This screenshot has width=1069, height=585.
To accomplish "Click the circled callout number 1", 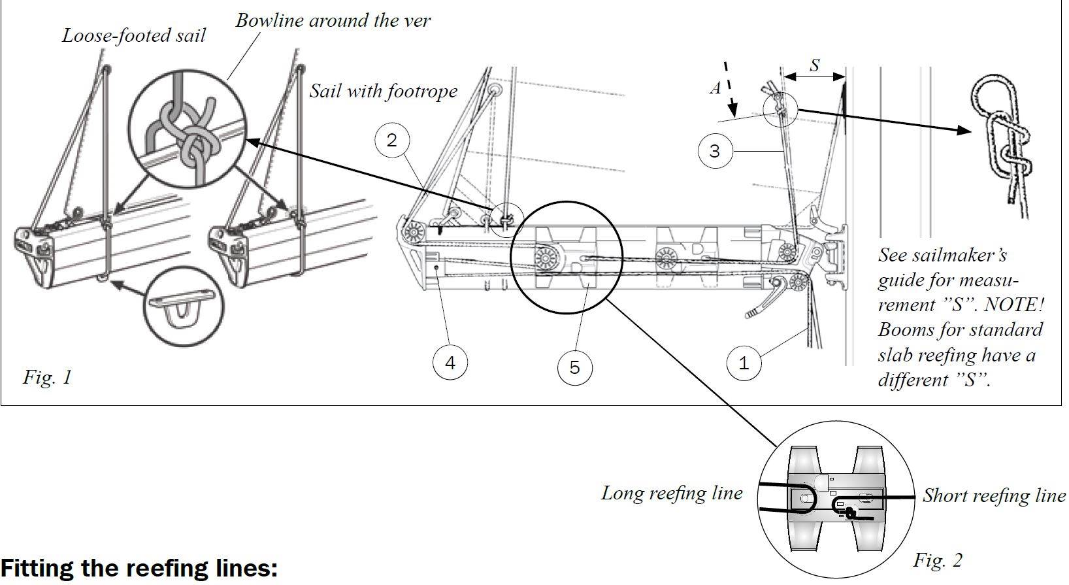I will click(x=744, y=362).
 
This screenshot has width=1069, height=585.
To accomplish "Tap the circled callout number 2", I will click(x=391, y=140).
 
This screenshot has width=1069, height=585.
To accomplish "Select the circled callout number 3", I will click(x=714, y=151).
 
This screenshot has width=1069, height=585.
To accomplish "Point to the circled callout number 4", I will click(x=450, y=362).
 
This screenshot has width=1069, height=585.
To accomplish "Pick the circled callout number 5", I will click(x=574, y=367).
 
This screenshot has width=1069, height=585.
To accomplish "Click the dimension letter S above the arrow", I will click(x=814, y=65).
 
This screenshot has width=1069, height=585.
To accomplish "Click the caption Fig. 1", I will click(x=47, y=377).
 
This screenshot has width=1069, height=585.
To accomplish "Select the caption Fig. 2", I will click(x=938, y=560).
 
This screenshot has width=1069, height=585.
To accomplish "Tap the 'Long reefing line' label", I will click(x=672, y=493).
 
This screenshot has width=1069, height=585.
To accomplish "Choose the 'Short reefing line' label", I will click(x=993, y=496).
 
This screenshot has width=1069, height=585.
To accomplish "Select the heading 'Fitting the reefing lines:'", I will click(x=139, y=569).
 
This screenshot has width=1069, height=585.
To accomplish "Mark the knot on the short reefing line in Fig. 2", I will click(x=849, y=513).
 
